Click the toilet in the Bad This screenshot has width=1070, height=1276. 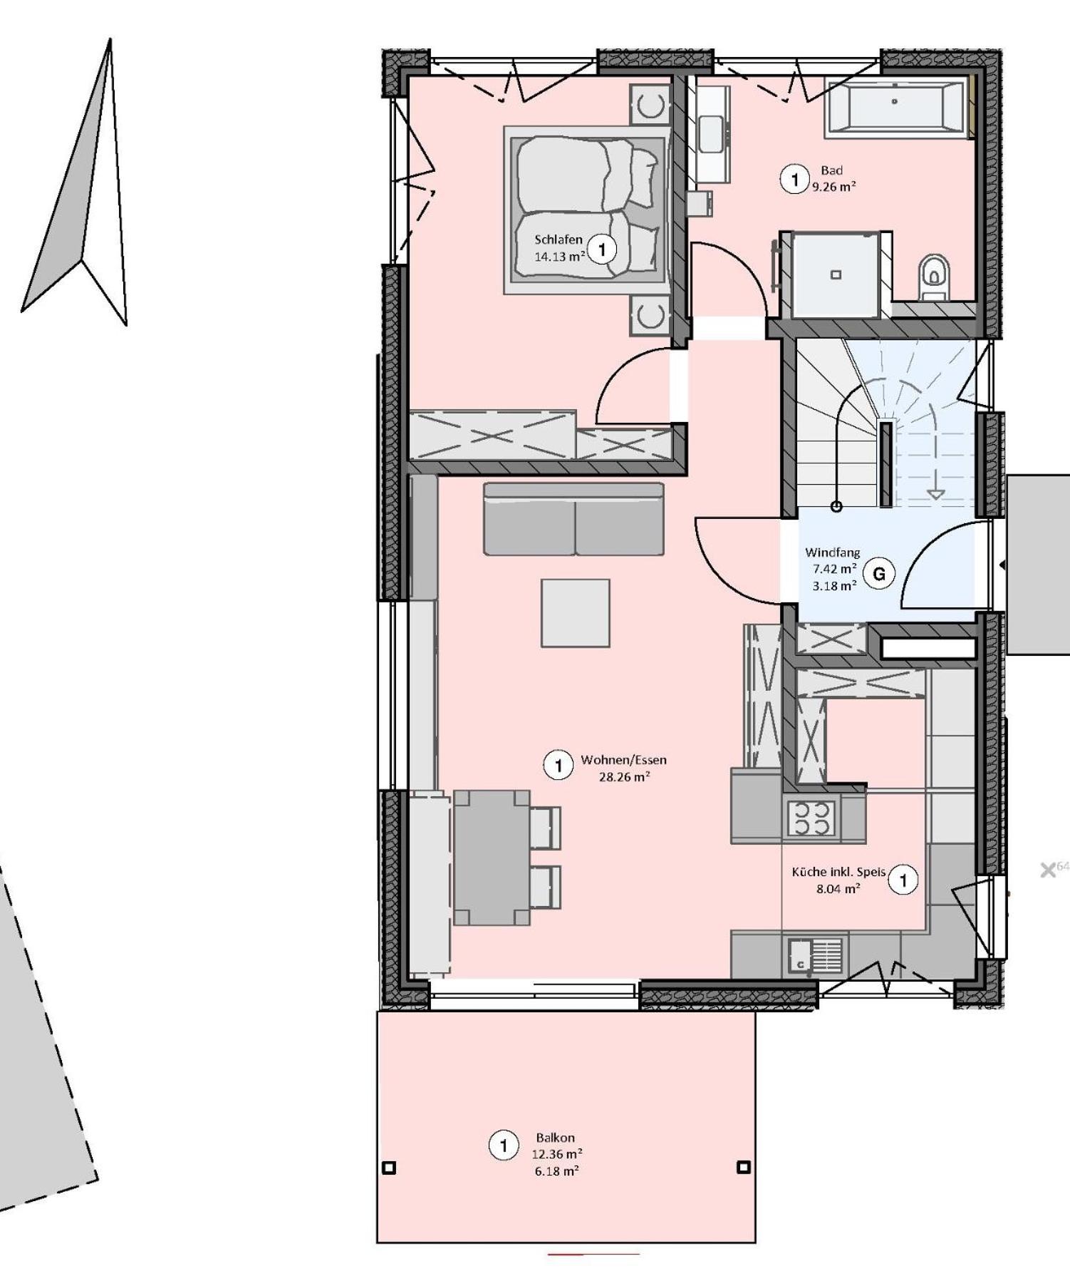[933, 277]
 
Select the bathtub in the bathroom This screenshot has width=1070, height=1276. [895, 107]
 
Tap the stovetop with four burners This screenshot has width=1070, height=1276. [813, 818]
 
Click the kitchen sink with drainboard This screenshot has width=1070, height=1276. [815, 956]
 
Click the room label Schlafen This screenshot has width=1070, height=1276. [559, 240]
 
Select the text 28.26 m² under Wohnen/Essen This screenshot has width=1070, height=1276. [624, 777]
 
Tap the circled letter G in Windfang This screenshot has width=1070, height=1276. [879, 574]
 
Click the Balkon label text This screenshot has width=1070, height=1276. [555, 1138]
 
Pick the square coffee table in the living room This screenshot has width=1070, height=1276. [575, 613]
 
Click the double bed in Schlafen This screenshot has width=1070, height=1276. [587, 210]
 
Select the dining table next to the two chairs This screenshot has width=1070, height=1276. [492, 858]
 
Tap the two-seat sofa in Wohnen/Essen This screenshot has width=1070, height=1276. [573, 519]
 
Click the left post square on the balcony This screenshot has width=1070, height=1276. [389, 1168]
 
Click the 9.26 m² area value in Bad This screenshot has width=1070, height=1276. [834, 187]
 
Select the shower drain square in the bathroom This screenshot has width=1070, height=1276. [836, 274]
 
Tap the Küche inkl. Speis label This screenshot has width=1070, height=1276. [838, 872]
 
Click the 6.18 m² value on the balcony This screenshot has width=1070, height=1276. [556, 1170]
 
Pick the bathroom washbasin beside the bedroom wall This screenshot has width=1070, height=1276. [712, 134]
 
